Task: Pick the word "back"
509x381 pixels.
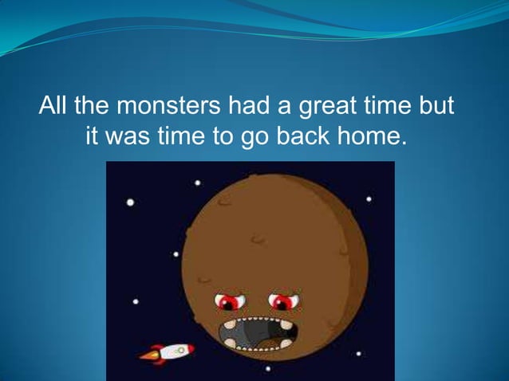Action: [x=305, y=136]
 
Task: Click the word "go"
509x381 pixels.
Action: [x=255, y=136]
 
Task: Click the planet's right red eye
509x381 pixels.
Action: [x=282, y=301]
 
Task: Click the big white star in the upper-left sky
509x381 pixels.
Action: [x=130, y=202]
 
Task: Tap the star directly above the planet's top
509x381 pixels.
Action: [x=198, y=183]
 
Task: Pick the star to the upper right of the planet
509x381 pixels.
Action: [x=368, y=198]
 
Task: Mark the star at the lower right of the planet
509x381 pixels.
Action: [x=359, y=353]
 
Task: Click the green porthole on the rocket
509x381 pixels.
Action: [x=180, y=349]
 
